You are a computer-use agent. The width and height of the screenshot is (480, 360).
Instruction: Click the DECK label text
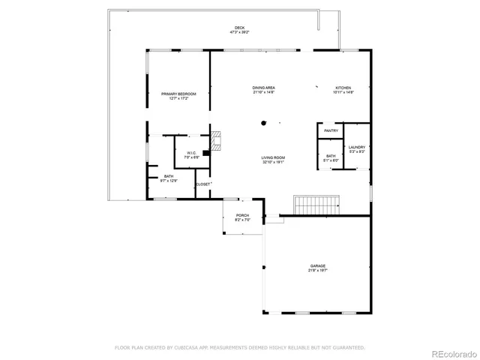[x=239, y=28]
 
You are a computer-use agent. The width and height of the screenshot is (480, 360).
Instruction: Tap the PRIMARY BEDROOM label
[x=178, y=94]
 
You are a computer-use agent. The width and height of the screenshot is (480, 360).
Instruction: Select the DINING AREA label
[x=263, y=88]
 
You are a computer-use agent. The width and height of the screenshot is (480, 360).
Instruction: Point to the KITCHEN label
[x=343, y=88]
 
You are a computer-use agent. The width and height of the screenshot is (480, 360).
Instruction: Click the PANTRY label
[x=331, y=131]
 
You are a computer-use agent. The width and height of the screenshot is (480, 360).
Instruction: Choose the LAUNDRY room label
[x=356, y=147]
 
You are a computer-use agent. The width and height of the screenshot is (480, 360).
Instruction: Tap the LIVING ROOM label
[x=273, y=157]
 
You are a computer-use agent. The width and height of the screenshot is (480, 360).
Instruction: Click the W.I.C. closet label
[x=191, y=153]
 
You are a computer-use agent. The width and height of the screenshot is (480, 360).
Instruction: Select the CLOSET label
[x=202, y=184]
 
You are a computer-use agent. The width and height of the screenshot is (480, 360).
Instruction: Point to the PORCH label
[x=242, y=215]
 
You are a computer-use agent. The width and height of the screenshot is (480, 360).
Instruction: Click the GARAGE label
[x=318, y=265]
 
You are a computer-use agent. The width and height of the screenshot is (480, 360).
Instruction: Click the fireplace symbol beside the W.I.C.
[x=217, y=142]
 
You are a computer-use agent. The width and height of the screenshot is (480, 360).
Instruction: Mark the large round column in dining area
[x=263, y=123]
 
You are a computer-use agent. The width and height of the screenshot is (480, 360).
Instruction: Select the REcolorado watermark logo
[x=453, y=352]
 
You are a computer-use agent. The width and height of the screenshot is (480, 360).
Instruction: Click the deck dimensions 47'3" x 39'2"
[x=239, y=33]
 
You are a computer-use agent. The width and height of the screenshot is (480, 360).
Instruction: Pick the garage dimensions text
[x=318, y=271]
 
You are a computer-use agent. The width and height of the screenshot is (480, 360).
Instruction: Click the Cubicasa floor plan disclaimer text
[x=239, y=347]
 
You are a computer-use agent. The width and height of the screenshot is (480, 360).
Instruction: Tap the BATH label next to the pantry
[x=331, y=156]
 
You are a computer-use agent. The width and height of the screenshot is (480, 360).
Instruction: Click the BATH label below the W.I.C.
[x=169, y=176]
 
